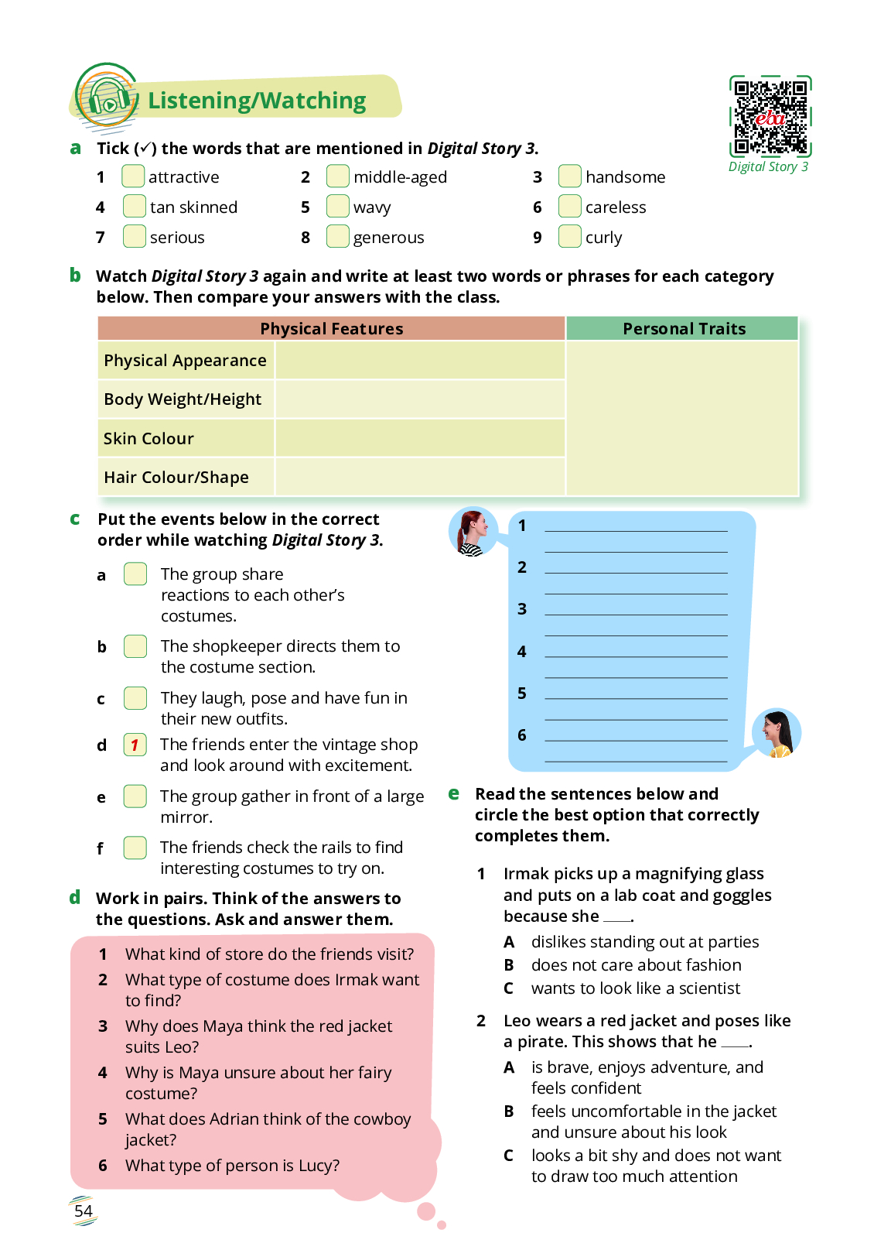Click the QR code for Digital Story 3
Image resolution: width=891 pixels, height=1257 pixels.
point(770,116)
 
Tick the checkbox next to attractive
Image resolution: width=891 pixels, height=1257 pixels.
point(133,176)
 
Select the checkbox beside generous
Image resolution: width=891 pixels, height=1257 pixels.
point(337,236)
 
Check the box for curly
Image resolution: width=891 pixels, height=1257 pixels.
point(569,236)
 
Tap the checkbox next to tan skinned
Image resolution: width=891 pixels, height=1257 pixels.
point(134,207)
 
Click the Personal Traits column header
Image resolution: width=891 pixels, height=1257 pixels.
point(684,329)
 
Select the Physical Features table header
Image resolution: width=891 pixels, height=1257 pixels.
point(331,329)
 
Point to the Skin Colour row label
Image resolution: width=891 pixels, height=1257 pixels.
point(148,439)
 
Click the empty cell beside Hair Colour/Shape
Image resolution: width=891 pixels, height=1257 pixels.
point(419,477)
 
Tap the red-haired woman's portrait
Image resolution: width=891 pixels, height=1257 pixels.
point(473,532)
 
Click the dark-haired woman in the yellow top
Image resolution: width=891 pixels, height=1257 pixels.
point(777,733)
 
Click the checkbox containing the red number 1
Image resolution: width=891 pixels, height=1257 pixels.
point(135,745)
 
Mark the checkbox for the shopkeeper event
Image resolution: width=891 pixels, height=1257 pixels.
point(135,646)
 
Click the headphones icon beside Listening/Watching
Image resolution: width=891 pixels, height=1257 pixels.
point(108,98)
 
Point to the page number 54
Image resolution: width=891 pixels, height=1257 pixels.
point(84,1211)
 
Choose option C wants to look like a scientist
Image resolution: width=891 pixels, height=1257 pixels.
point(634,988)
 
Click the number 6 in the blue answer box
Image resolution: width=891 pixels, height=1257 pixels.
point(522,735)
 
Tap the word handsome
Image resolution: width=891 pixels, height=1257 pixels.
point(625,177)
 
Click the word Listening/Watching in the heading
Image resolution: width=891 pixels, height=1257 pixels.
point(257,101)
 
